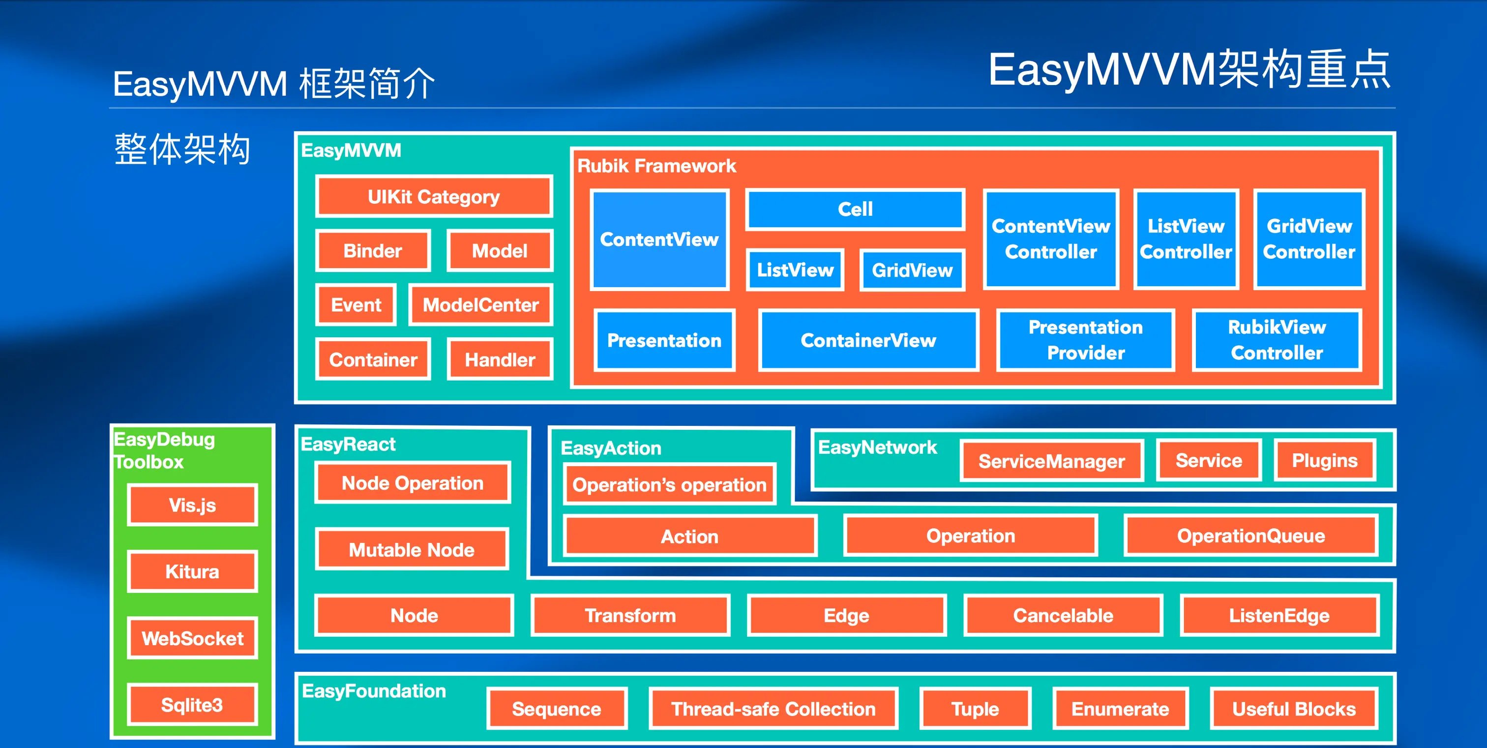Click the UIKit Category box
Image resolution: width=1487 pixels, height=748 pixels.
pos(434,197)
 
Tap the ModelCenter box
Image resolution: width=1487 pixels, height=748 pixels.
pos(480,305)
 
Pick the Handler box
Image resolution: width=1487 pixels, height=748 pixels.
pos(500,359)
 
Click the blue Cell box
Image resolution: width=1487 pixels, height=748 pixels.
pos(855,209)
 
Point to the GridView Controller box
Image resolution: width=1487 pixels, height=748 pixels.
pos(1309,239)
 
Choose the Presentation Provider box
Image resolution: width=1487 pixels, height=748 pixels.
pos(1085,340)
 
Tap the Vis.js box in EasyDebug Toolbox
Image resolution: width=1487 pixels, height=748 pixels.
pos(192,505)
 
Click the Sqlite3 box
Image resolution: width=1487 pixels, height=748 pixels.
pos(192,705)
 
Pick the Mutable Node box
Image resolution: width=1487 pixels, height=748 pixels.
pos(412,549)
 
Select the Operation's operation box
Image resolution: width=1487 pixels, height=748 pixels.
pos(669,485)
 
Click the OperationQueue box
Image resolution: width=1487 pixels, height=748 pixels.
pos(1251,536)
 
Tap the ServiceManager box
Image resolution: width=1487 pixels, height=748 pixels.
pos(1051,461)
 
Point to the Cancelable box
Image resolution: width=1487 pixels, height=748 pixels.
pos(1063,615)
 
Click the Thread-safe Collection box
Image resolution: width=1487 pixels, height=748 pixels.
pos(773,709)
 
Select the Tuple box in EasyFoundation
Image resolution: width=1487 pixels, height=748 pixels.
pos(975,709)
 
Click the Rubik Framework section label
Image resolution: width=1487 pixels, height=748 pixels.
pos(656,166)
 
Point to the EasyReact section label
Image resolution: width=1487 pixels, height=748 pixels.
pos(348,445)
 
